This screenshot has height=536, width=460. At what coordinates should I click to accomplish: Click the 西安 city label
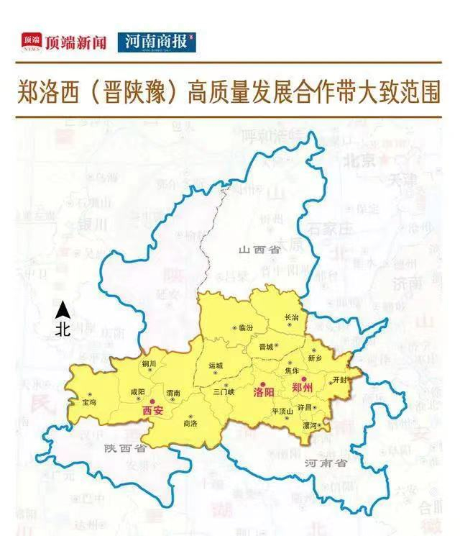click(152, 410)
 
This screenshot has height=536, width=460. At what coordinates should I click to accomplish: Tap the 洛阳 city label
click(264, 393)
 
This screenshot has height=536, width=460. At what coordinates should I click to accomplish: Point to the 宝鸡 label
click(89, 403)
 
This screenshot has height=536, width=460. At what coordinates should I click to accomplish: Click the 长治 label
click(291, 317)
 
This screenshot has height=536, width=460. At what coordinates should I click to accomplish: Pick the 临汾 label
click(246, 327)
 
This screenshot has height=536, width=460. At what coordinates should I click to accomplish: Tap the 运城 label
click(216, 365)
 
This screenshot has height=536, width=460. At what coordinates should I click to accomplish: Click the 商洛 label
click(191, 424)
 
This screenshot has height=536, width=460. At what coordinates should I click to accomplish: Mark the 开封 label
click(340, 379)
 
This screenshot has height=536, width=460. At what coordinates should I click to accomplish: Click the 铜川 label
click(149, 364)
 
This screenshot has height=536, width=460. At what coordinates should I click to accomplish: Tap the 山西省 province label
click(259, 250)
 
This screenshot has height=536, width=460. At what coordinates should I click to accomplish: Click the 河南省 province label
click(326, 463)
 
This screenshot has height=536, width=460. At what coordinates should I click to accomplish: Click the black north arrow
click(63, 311)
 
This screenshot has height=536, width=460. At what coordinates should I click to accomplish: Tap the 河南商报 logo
click(157, 42)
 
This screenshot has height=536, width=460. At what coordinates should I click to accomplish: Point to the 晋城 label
click(266, 346)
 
